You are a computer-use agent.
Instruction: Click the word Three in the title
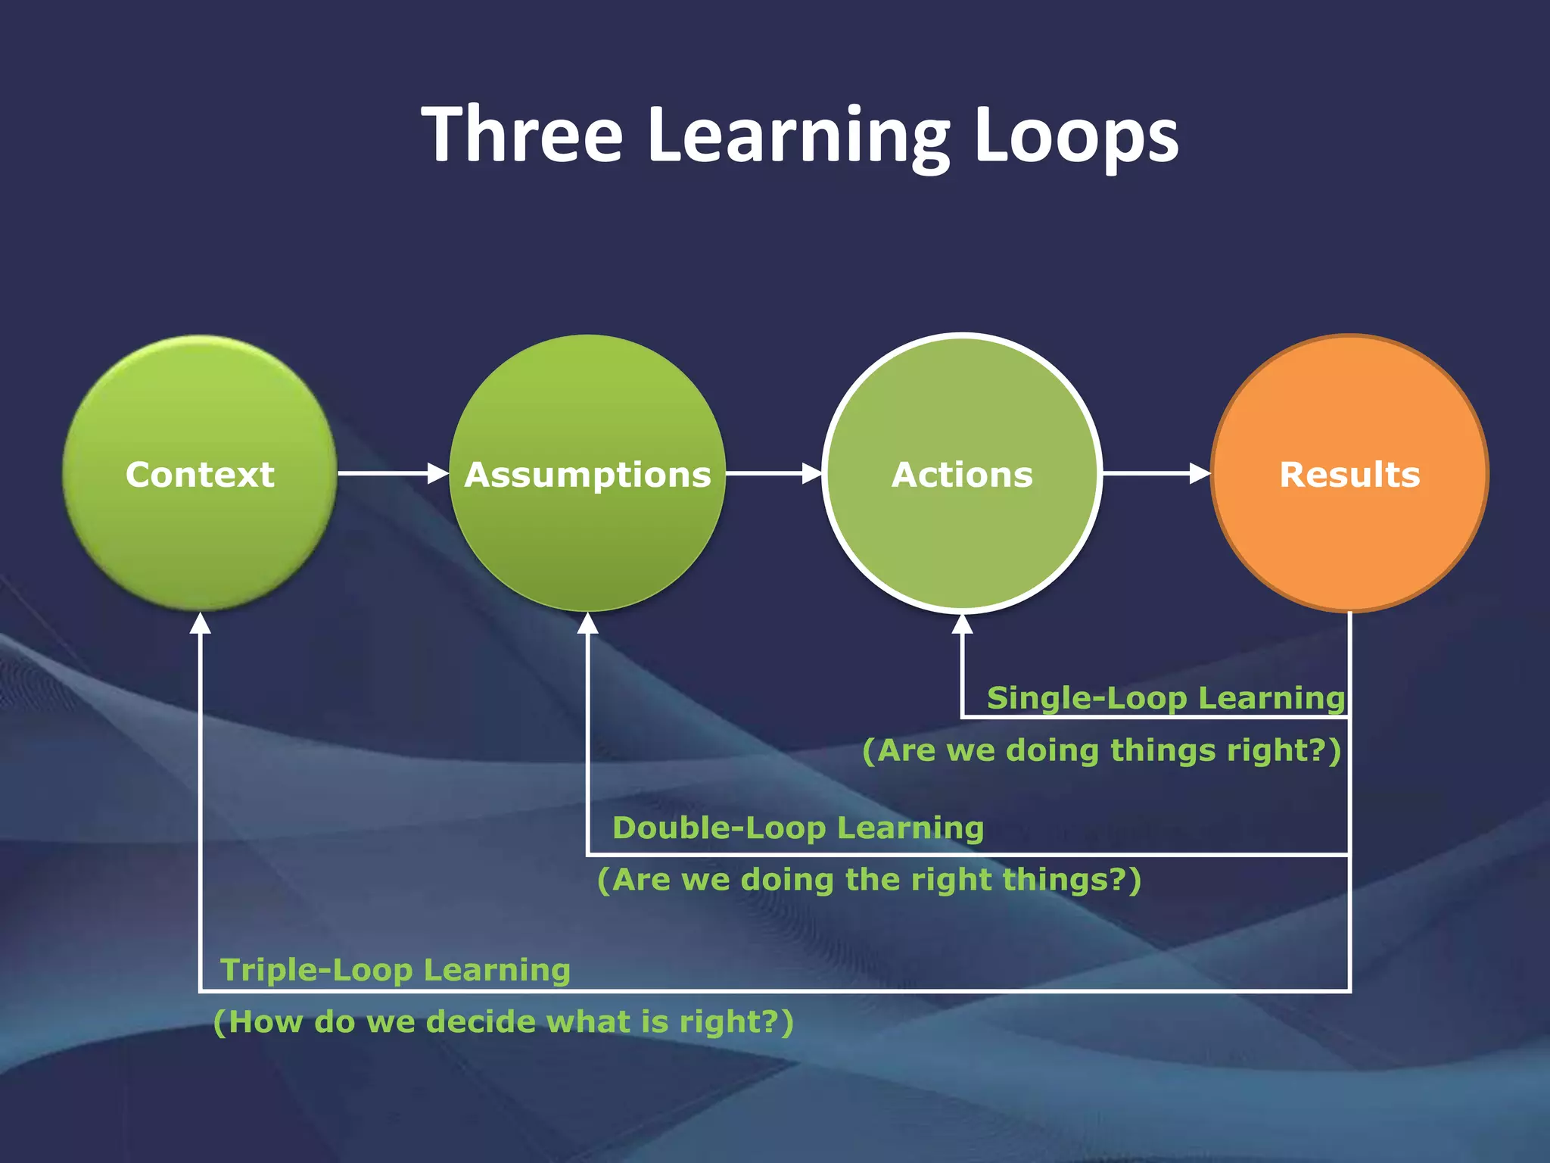pos(522,135)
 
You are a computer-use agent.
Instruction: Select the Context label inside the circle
pos(200,475)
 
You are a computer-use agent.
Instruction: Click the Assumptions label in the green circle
pos(587,475)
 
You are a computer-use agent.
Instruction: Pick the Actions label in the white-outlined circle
pos(962,475)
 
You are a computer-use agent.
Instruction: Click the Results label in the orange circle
pos(1349,475)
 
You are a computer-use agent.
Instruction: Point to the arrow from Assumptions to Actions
pos(773,473)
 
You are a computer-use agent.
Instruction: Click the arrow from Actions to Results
pos(1156,473)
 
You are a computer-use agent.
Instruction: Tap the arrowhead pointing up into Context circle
pos(200,624)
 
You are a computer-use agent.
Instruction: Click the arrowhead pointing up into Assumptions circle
pos(587,624)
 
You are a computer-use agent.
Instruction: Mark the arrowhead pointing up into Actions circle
pos(962,624)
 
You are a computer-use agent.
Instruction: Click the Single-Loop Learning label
pos(1166,697)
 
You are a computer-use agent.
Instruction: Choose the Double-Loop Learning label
pos(798,828)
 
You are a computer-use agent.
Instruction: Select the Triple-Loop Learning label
pos(395,970)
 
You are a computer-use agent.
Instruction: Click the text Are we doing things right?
pos(1101,750)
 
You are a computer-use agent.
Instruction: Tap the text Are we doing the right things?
pos(869,880)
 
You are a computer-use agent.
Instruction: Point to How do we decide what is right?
pos(503,1021)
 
